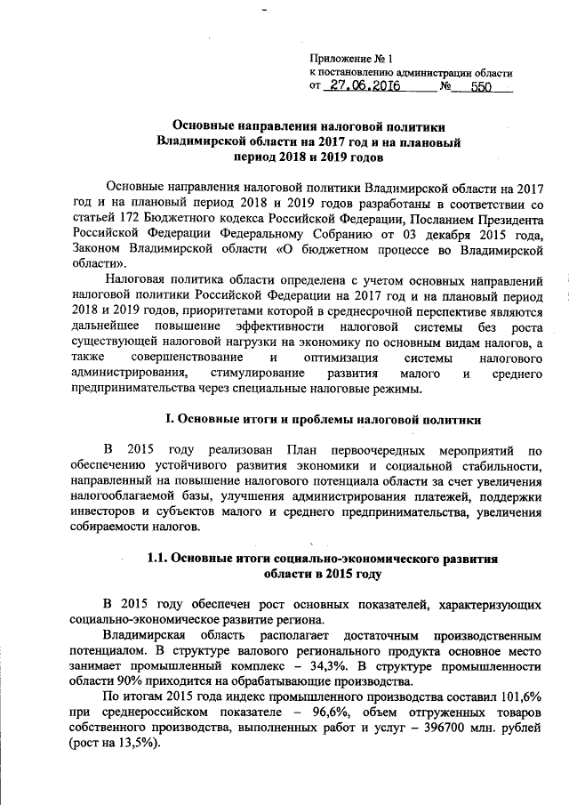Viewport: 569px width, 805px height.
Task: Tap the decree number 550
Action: pyautogui.click(x=481, y=87)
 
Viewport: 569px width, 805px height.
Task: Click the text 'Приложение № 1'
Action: pyautogui.click(x=349, y=56)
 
